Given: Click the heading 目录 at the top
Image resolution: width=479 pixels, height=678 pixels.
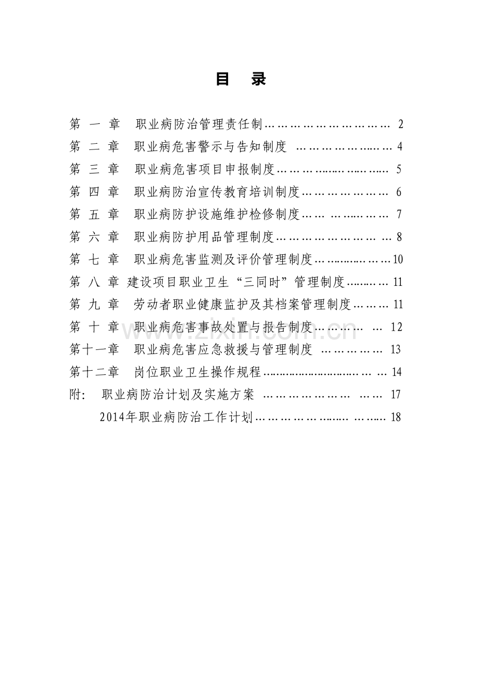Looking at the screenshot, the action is (x=241, y=79).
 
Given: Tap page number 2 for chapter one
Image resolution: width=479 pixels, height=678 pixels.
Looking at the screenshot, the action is (x=400, y=124).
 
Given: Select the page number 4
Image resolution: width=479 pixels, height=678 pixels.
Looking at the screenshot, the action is (x=400, y=147).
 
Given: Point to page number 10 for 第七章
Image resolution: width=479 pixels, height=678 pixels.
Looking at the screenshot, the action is (x=398, y=259).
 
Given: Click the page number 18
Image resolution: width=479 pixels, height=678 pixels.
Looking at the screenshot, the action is (x=396, y=418).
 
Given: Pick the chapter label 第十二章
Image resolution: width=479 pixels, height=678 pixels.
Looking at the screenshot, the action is (x=94, y=372).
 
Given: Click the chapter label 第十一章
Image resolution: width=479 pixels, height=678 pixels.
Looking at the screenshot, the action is (x=94, y=349).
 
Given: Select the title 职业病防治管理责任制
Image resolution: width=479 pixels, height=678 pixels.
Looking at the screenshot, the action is (x=199, y=124).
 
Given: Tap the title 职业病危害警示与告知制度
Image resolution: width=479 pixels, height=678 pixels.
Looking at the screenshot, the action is (x=210, y=147).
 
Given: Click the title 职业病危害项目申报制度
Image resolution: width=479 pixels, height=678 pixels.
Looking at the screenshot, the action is (x=205, y=169).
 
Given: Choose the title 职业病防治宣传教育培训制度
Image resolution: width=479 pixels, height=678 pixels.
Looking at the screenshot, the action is (x=217, y=192).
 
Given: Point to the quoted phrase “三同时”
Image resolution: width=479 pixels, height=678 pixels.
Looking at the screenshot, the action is (x=261, y=282).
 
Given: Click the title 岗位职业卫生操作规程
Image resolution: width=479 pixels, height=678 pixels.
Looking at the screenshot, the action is (x=198, y=372).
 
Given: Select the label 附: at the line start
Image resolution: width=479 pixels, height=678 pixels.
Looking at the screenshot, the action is (x=77, y=395).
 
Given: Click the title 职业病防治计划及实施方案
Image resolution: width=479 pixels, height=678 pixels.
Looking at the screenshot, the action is (x=178, y=395).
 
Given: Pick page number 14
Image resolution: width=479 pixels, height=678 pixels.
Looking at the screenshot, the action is (x=397, y=372).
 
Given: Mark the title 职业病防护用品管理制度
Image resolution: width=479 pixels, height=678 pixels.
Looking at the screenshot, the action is (x=204, y=237).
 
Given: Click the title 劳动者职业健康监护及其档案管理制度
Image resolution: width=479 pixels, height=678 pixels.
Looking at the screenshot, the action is (x=243, y=305).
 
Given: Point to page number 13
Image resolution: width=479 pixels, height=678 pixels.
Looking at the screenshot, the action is (x=396, y=349).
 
